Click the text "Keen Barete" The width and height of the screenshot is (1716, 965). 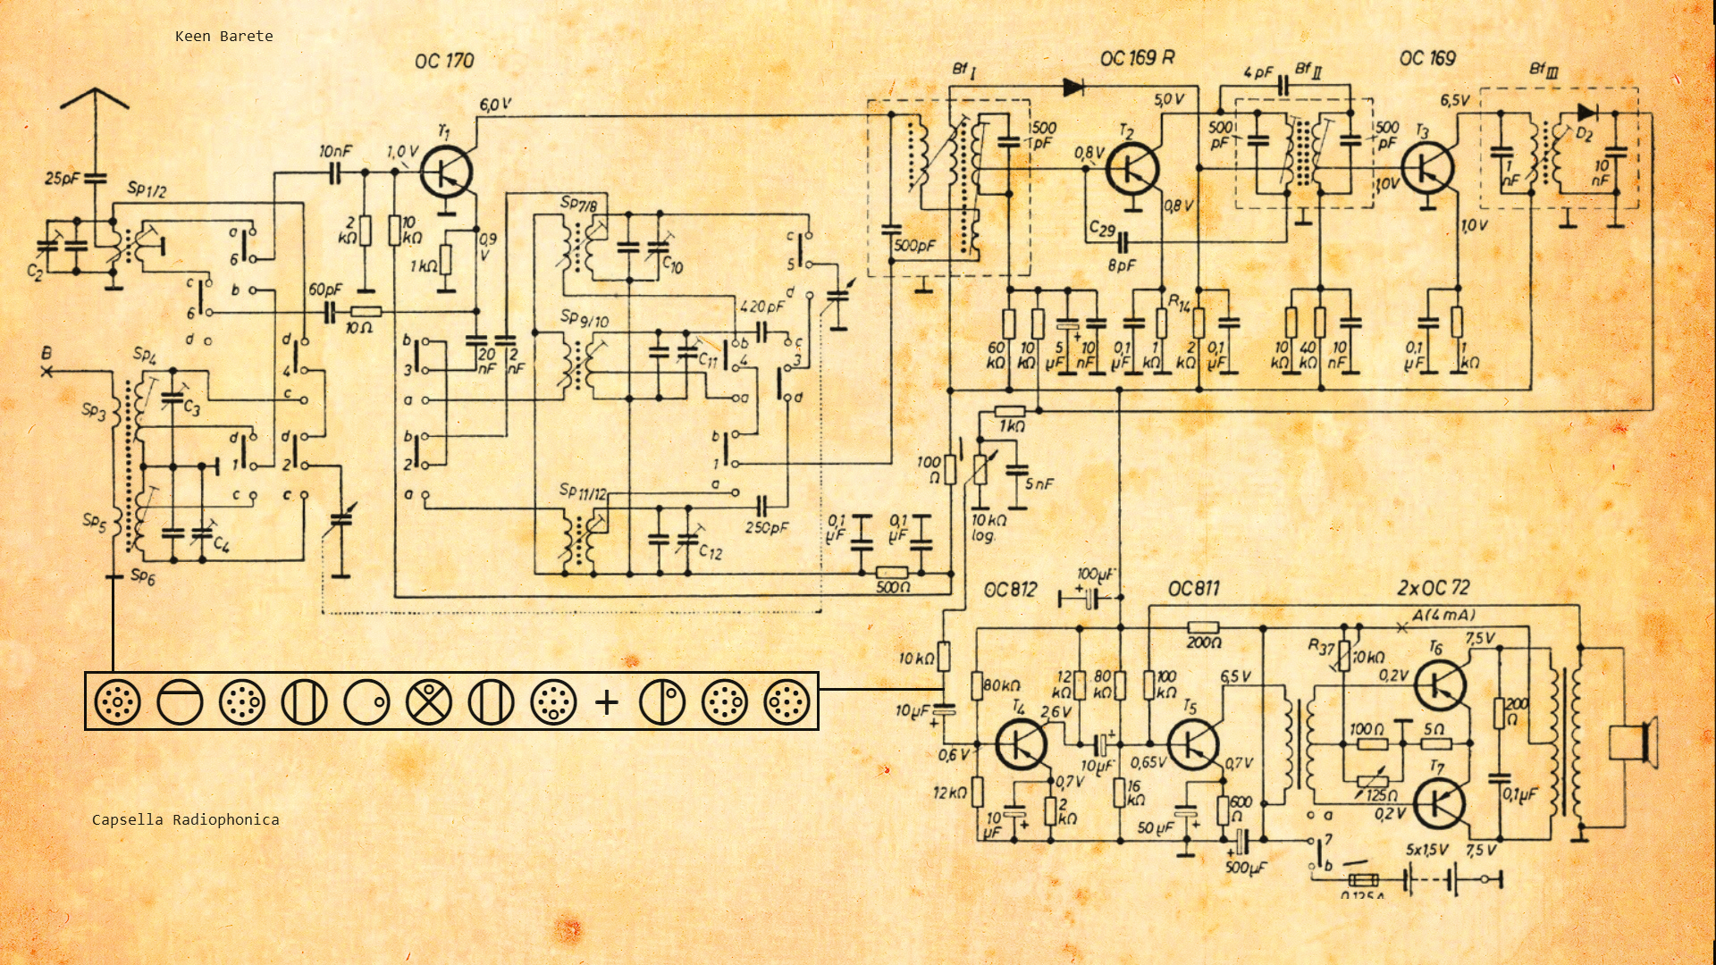coord(223,37)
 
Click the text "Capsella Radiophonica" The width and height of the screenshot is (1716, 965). coord(185,819)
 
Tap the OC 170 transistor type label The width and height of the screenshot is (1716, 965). coord(444,61)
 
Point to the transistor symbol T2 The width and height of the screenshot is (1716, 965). coord(1132,169)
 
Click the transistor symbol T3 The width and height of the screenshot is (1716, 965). coord(1427,169)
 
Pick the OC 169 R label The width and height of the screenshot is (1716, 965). coord(1137,58)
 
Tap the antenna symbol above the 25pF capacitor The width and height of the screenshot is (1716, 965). coord(95,100)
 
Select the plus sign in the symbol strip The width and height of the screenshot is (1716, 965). coord(607,702)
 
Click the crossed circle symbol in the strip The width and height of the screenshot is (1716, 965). coord(429,702)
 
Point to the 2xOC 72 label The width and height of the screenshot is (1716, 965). coord(1434,588)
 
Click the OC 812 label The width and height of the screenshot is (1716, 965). coord(1010,590)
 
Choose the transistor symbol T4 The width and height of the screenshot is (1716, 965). coord(1022,743)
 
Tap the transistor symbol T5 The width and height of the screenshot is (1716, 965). coord(1193,743)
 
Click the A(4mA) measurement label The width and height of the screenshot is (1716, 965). coord(1443,615)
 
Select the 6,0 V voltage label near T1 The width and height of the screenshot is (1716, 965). coord(495,105)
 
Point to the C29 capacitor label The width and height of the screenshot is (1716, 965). coord(1102,230)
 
